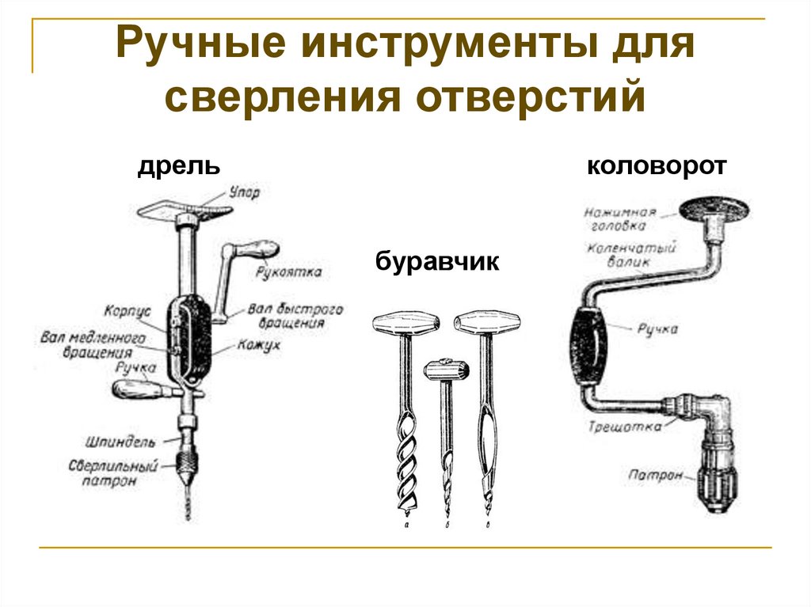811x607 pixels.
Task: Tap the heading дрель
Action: pyautogui.click(x=178, y=166)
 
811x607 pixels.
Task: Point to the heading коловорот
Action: pyautogui.click(x=657, y=167)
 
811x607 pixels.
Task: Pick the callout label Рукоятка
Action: pyautogui.click(x=288, y=272)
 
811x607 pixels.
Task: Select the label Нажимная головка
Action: pyautogui.click(x=620, y=218)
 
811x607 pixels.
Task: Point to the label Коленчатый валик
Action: pyautogui.click(x=631, y=254)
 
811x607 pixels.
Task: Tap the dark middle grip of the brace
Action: pyautogui.click(x=587, y=345)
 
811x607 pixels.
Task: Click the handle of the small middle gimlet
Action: pyautogui.click(x=446, y=368)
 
